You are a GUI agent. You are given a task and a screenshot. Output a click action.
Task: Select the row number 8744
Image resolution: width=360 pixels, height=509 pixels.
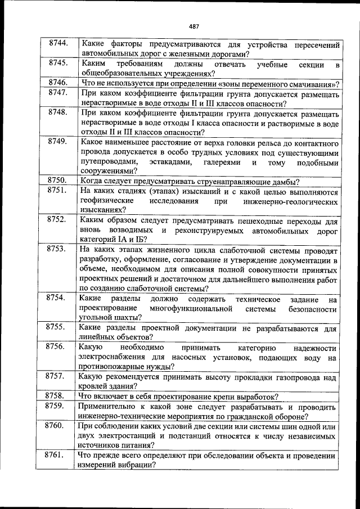click(58, 43)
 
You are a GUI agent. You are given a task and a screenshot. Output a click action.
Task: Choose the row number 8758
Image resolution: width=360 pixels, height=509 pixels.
click(58, 396)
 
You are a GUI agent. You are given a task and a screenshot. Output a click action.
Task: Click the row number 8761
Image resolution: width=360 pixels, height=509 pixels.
click(58, 455)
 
